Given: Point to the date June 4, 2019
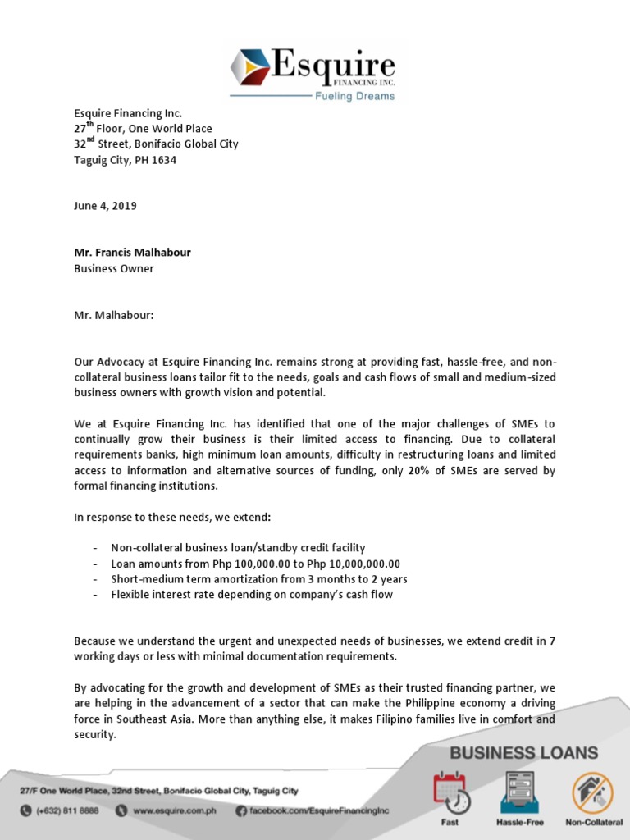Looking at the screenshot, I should click(105, 206).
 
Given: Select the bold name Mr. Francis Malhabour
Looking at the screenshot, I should click(132, 253).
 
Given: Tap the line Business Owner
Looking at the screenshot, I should click(113, 268).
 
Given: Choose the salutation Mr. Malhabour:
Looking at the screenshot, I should click(114, 315).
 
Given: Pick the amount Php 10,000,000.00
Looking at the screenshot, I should click(349, 564).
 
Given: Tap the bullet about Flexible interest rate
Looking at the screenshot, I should click(252, 594).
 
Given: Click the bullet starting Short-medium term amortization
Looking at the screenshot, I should click(259, 579).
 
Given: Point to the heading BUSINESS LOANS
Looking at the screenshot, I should click(523, 753).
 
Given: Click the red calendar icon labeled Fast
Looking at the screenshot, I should click(451, 792).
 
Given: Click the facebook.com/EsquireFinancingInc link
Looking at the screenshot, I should click(318, 810).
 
